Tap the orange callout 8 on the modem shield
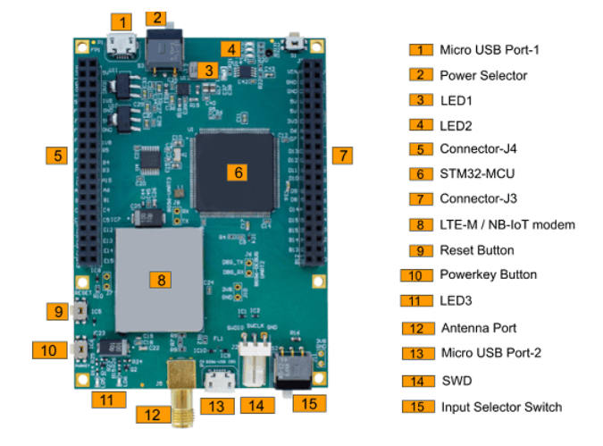162,280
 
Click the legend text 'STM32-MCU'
477,173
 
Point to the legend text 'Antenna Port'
479,328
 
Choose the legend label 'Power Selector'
483,75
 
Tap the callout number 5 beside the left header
57,156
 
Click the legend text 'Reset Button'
477,250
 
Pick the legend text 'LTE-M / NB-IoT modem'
507,224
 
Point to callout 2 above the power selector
157,17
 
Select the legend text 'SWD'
456,381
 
